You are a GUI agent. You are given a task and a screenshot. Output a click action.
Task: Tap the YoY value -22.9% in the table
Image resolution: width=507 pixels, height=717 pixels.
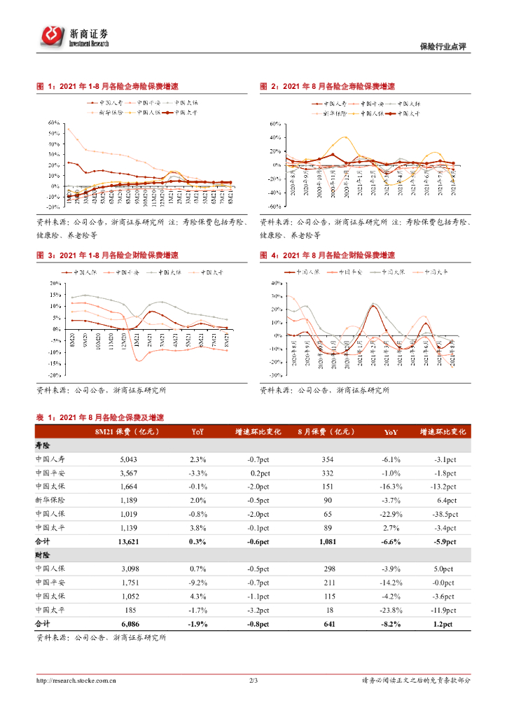tap(390, 514)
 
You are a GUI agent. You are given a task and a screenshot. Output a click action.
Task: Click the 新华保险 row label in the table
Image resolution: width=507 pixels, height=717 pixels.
tap(50, 500)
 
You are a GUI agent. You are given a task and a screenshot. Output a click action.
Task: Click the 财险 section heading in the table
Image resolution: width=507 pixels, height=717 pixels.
tap(43, 555)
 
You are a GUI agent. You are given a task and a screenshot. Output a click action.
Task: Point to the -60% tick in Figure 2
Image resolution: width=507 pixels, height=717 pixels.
tap(275, 207)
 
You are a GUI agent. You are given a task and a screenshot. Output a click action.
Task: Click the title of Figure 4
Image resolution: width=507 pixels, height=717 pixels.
tap(327, 255)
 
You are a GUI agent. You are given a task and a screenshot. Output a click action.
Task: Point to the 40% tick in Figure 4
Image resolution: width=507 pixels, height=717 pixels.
tap(276, 283)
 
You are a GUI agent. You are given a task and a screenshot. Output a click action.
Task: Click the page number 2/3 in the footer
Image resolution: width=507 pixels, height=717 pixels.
tap(253, 680)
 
